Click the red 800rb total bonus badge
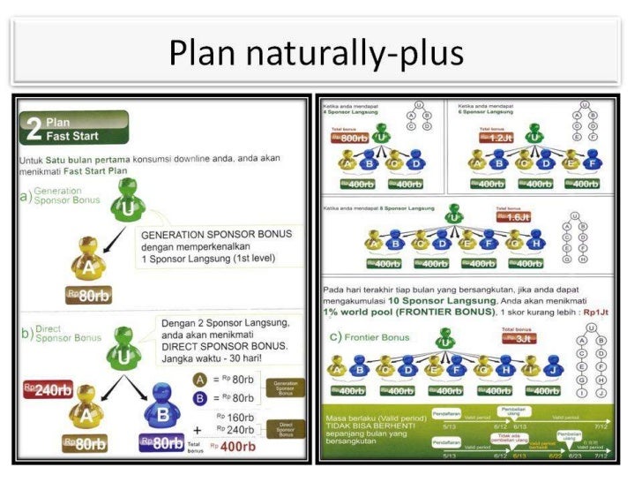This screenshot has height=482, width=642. [349, 139]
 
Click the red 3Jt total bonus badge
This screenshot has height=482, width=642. [518, 338]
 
